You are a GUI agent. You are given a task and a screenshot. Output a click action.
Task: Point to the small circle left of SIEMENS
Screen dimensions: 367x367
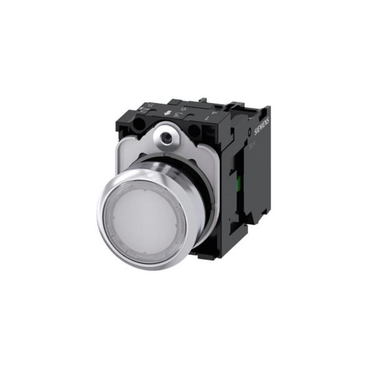[x=250, y=132]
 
